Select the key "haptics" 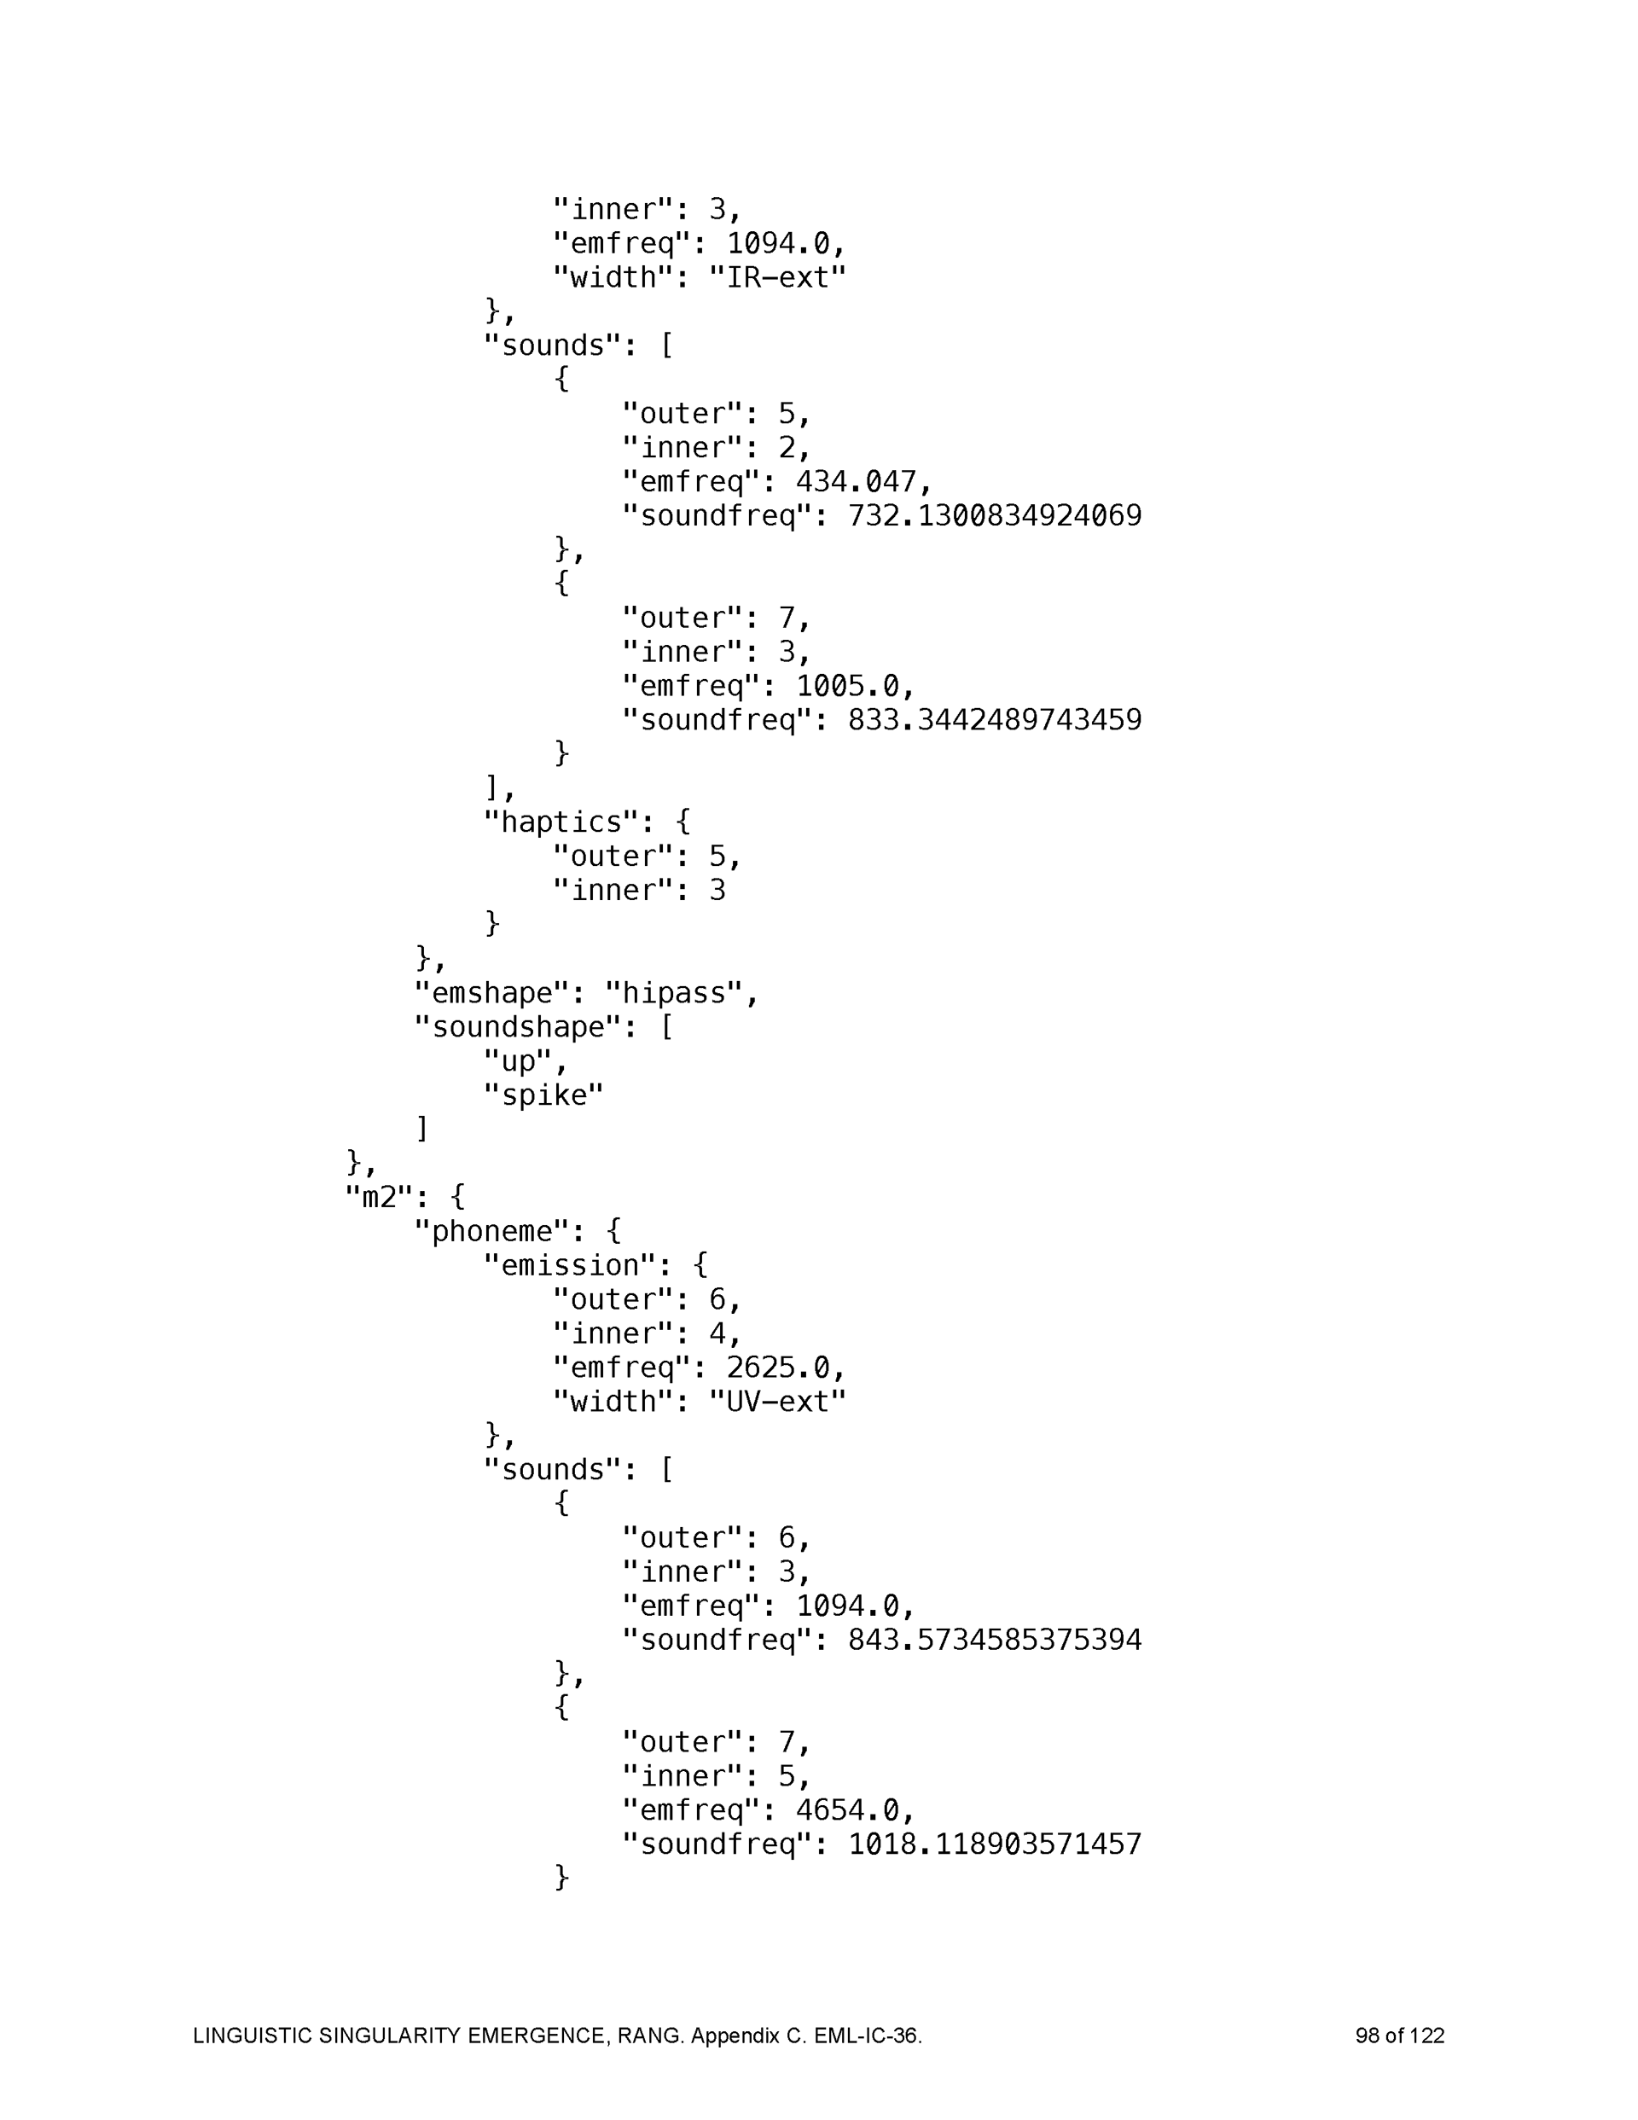click(561, 822)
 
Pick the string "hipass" click(681, 993)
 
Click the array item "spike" click(543, 1095)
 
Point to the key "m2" click(380, 1197)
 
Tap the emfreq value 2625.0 click(785, 1368)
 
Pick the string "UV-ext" click(776, 1402)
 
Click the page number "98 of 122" click(1399, 2036)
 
